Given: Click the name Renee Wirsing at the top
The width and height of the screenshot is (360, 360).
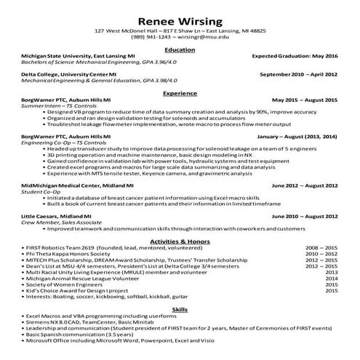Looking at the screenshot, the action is pos(180,20).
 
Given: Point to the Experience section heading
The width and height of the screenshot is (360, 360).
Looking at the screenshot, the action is pos(180,93).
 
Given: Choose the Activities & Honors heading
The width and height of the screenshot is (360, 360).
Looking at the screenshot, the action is pos(180,240).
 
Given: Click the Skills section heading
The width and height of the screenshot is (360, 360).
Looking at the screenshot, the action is pos(180,309).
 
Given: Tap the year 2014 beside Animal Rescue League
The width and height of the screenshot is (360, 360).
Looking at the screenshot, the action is pos(332,278).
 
